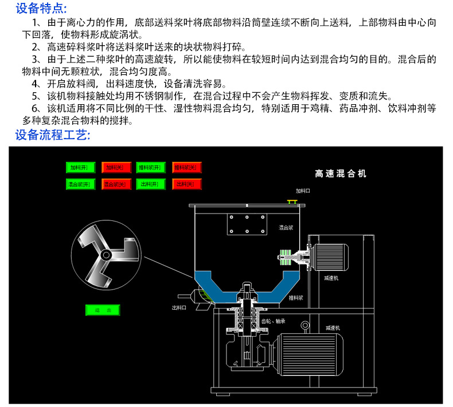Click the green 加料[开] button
(81, 168)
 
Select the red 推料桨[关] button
(186, 168)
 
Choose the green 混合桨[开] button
(81, 184)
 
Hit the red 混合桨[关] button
(116, 184)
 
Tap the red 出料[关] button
(186, 184)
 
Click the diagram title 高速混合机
(341, 173)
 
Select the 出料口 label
(179, 307)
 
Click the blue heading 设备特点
(41, 9)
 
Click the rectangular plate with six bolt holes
(246, 224)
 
